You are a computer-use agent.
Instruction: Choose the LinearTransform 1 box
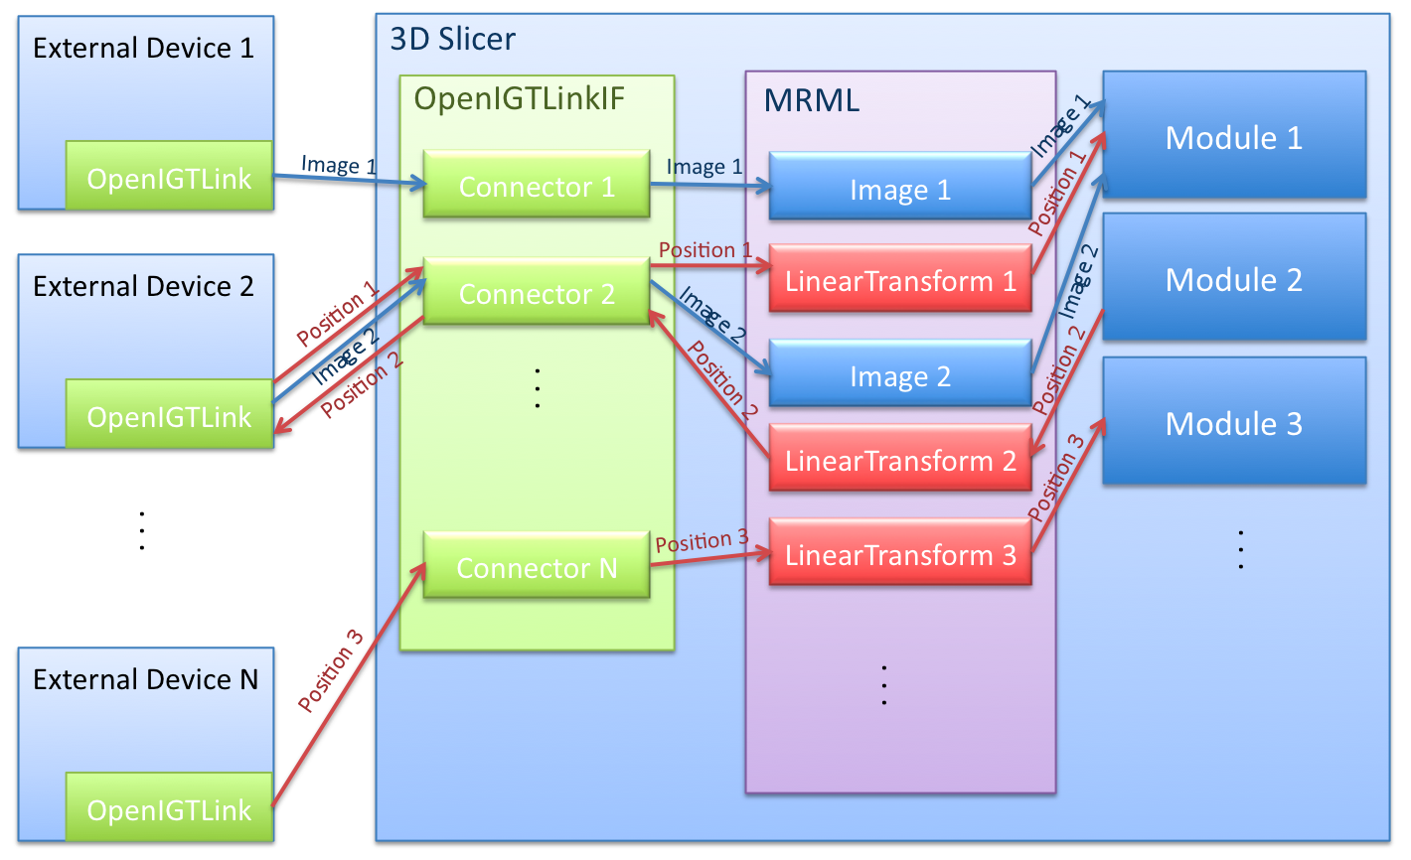[x=900, y=280]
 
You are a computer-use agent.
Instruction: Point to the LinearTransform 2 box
[x=900, y=460]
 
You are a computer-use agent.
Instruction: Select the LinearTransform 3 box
[x=900, y=554]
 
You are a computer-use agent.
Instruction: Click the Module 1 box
[x=1234, y=136]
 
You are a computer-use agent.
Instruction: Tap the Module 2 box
[x=1234, y=278]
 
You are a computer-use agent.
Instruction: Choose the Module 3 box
[x=1234, y=422]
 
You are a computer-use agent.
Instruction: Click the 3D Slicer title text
[x=453, y=39]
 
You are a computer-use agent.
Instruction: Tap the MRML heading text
[x=811, y=99]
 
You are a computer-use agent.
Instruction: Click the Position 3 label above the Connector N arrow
[x=702, y=540]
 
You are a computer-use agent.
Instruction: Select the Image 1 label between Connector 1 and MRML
[x=704, y=166]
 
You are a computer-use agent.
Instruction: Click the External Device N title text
[x=145, y=679]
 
